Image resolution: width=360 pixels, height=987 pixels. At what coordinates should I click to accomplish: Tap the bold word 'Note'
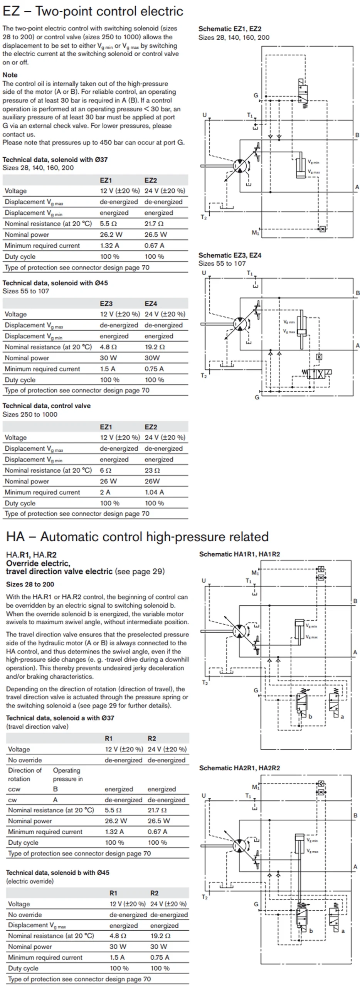10,75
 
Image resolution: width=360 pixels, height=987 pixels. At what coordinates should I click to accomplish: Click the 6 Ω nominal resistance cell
106,470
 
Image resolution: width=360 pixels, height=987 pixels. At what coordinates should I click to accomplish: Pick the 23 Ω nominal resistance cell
152,470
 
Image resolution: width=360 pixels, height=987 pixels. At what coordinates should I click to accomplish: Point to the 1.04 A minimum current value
154,492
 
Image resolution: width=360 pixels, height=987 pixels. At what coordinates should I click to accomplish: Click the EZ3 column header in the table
106,303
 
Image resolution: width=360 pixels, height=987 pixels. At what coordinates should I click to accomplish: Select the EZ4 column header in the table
151,303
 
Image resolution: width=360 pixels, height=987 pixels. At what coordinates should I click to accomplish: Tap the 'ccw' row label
14,789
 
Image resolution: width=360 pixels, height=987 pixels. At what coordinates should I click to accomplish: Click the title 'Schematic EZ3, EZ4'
230,255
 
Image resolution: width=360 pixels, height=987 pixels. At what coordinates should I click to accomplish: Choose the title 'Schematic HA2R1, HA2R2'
239,768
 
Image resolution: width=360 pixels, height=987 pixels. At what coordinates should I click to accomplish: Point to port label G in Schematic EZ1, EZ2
256,96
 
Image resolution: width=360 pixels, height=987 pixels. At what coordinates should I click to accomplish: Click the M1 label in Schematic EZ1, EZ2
256,232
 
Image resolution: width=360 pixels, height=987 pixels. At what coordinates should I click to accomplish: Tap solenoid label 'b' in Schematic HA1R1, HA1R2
310,717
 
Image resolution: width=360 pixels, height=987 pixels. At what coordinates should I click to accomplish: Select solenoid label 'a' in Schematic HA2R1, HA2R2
343,931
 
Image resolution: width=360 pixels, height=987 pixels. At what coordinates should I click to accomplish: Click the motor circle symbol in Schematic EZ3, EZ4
240,323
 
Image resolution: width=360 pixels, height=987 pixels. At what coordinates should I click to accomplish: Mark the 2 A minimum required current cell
105,492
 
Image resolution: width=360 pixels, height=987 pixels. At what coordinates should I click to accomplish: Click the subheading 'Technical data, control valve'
47,406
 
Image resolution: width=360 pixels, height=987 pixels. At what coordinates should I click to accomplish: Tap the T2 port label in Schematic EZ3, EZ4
204,376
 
